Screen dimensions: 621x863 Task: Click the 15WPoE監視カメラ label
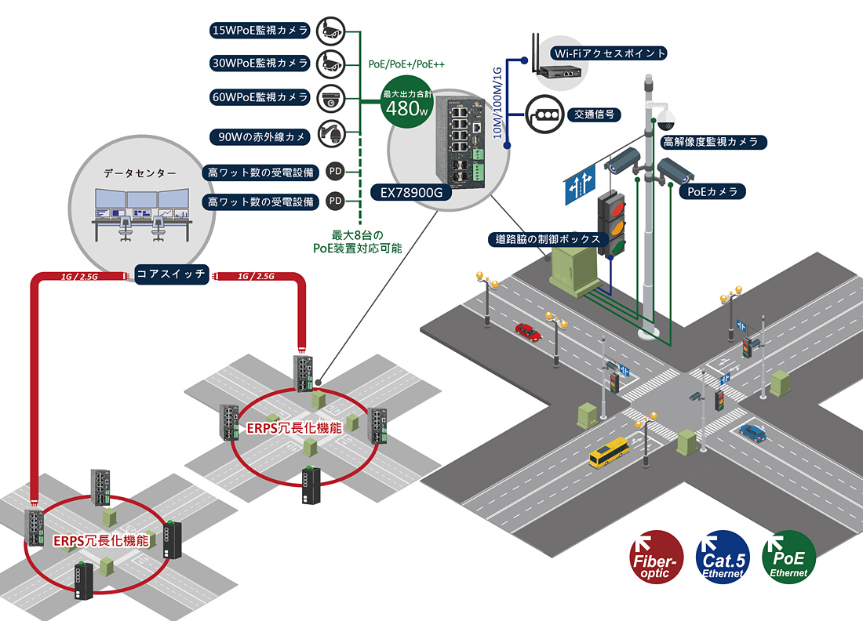click(260, 31)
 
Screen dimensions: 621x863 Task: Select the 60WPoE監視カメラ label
click(260, 97)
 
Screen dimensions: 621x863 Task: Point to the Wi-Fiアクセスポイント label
click(610, 53)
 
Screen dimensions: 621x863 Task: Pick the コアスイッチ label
click(171, 274)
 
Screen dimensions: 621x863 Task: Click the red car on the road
click(528, 332)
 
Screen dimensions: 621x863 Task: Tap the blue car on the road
click(753, 432)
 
